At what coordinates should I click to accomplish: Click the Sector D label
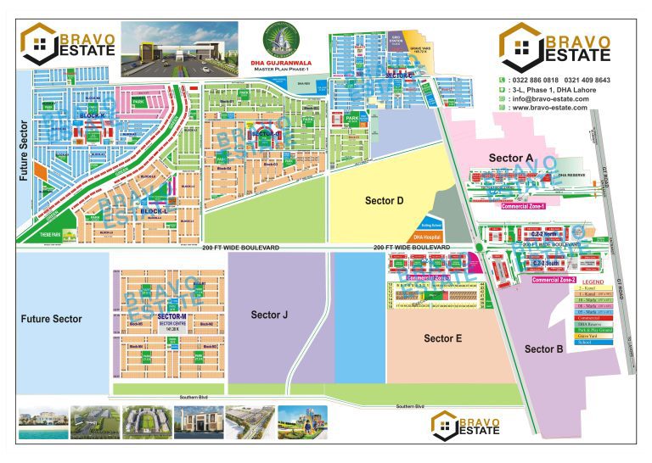pos(383,200)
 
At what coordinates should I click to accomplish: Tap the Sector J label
pos(270,315)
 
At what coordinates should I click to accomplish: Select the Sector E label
pos(442,338)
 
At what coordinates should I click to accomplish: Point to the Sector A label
pos(510,158)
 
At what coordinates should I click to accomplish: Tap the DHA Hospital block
pos(429,237)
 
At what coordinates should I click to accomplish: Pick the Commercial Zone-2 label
pos(554,279)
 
